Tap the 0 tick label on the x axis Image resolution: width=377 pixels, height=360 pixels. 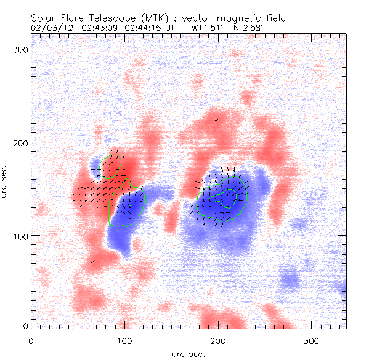(31, 340)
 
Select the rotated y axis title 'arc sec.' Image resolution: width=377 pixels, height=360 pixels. (5, 182)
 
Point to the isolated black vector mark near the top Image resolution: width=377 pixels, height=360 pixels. (216, 120)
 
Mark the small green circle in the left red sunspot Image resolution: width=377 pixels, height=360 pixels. (111, 166)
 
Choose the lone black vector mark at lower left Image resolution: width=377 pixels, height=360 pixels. (93, 262)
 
